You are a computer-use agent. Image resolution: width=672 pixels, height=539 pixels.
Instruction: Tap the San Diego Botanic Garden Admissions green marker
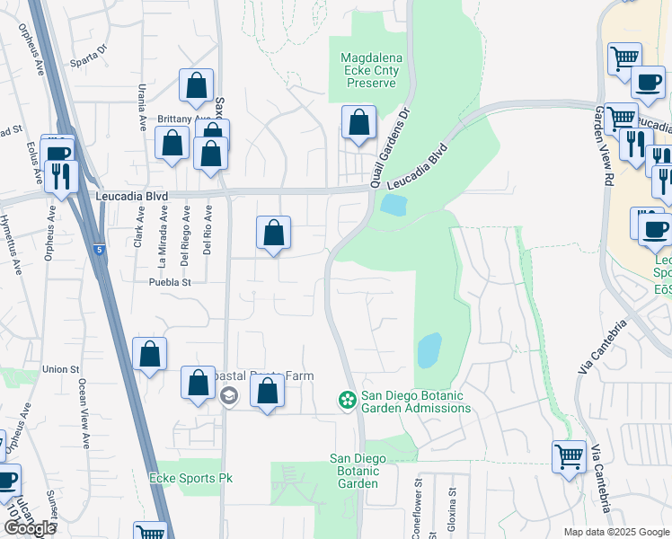coord(345,399)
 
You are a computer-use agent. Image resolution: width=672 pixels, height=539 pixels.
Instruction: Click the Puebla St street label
coord(170,281)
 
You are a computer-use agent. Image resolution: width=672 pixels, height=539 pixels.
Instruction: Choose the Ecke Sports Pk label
coord(190,478)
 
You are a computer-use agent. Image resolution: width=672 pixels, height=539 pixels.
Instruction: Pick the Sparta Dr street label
coord(90,49)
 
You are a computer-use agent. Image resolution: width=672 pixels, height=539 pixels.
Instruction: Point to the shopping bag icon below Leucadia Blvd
coord(274,233)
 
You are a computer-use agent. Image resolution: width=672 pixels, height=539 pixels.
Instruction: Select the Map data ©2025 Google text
coord(617,532)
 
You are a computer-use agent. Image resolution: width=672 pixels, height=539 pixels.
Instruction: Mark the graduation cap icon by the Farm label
coord(228,396)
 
